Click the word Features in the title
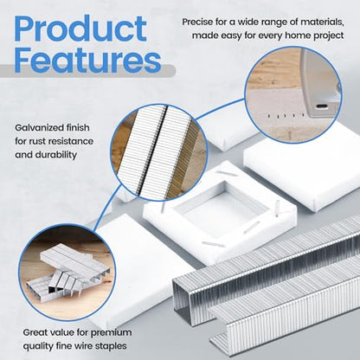87,59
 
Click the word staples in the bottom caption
112,346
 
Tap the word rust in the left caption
36,141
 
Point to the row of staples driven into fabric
285,116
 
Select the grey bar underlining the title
87,71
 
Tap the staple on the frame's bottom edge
214,244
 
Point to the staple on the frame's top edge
228,173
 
